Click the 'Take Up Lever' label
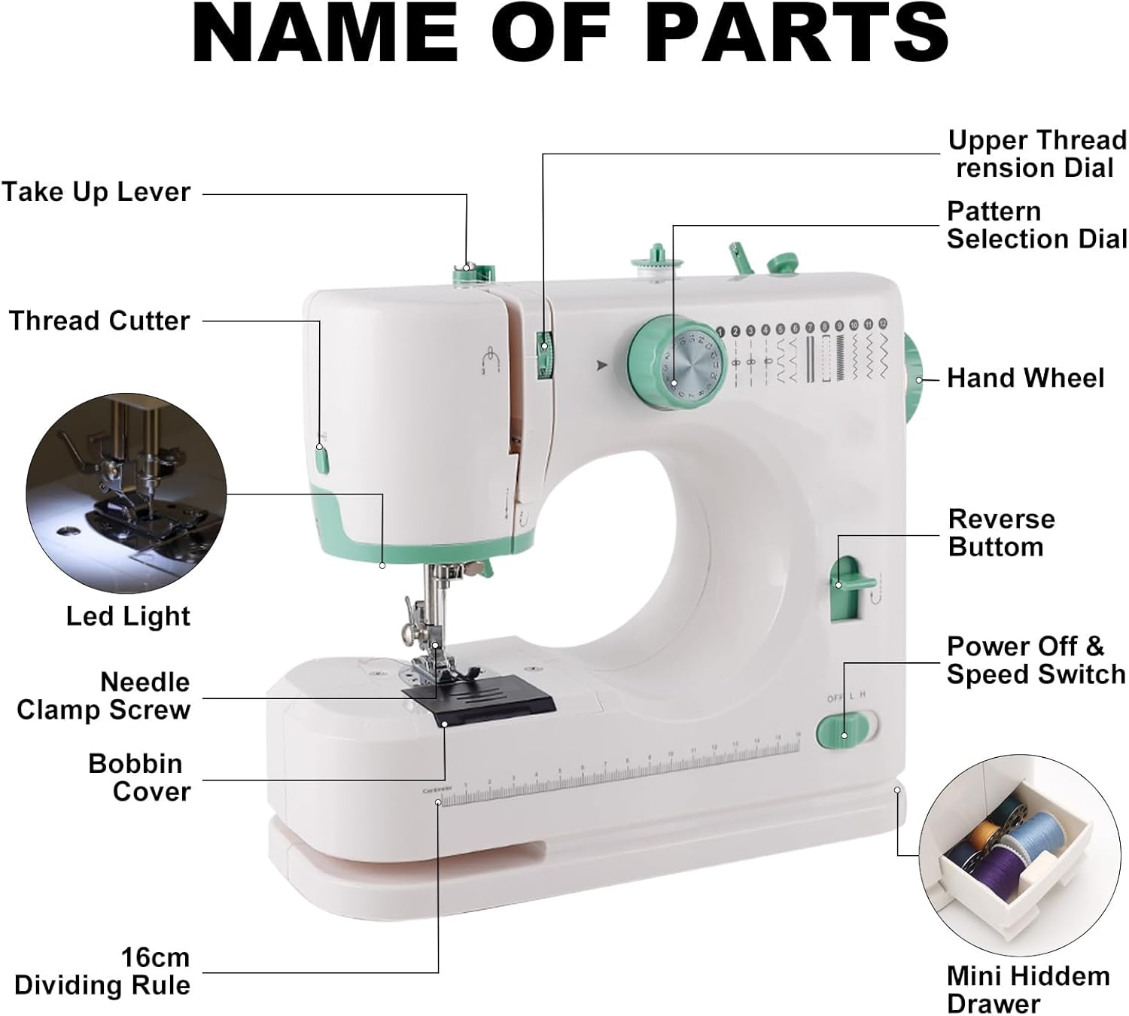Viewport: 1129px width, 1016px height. click(96, 193)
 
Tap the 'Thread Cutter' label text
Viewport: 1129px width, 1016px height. click(99, 321)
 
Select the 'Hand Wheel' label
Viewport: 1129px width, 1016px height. click(1025, 378)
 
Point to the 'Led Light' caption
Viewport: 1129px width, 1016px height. click(128, 616)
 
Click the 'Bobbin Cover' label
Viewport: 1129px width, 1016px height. click(139, 777)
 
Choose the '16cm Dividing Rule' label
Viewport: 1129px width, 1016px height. click(103, 972)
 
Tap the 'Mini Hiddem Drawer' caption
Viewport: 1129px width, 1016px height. click(1028, 990)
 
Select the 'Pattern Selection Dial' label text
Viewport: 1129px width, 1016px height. click(1036, 225)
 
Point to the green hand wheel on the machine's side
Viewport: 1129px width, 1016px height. click(914, 376)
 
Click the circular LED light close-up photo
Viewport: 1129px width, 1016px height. click(126, 494)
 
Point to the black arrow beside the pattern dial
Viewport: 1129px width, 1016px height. click(601, 367)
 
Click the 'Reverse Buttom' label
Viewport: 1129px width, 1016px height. click(1000, 533)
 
